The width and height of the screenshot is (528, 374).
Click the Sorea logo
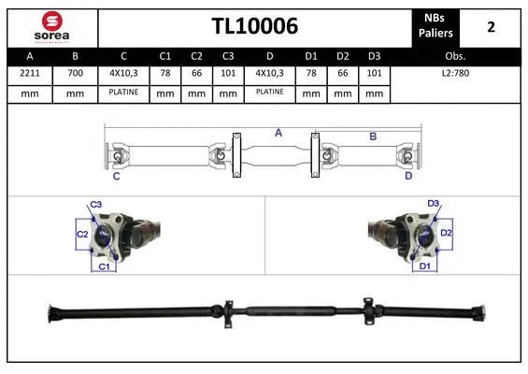pos(50,26)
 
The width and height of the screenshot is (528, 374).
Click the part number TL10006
pos(254,27)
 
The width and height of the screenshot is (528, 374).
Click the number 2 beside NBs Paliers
pos(491,27)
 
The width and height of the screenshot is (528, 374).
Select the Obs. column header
pos(456,56)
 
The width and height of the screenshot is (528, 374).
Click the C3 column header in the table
pos(228,56)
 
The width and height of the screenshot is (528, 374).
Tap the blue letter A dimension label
pos(278,134)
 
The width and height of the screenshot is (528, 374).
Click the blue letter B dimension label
pos(373,137)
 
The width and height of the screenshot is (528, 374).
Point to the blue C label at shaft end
pos(117,175)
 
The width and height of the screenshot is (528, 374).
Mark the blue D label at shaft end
pos(408,175)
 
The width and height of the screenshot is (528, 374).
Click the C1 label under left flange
pos(105,267)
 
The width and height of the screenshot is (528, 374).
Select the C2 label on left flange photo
pos(81,234)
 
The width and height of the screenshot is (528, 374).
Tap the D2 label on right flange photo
pos(446,232)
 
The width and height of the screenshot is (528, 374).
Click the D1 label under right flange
pos(424,266)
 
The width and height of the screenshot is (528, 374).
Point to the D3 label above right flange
pos(433,203)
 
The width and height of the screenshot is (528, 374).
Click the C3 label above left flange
pos(96,205)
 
